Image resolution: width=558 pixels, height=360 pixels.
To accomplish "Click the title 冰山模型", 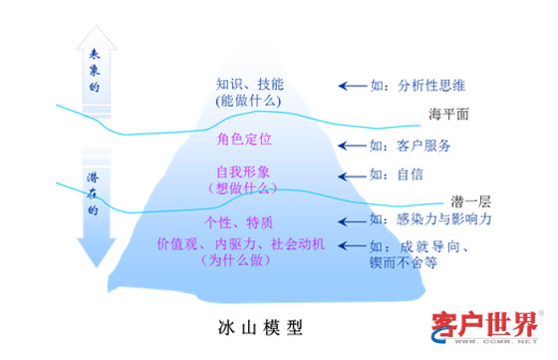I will pos(259,326).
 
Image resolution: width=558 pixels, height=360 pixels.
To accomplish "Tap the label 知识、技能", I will pos(250,85).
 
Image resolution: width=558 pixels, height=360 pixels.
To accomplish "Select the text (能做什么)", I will pos(250,101).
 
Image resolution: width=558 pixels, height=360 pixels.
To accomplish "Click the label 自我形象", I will pos(244,173).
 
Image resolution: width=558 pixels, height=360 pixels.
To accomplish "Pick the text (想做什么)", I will pos(244,187).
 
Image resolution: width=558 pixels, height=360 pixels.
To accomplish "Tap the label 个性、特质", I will pos(239,221).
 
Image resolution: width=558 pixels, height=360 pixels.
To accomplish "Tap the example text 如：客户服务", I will pos(409,146).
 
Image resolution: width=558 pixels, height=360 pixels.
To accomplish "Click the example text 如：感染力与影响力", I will pos(430,218).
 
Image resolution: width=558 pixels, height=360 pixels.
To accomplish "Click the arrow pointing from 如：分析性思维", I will pos(350,86).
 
